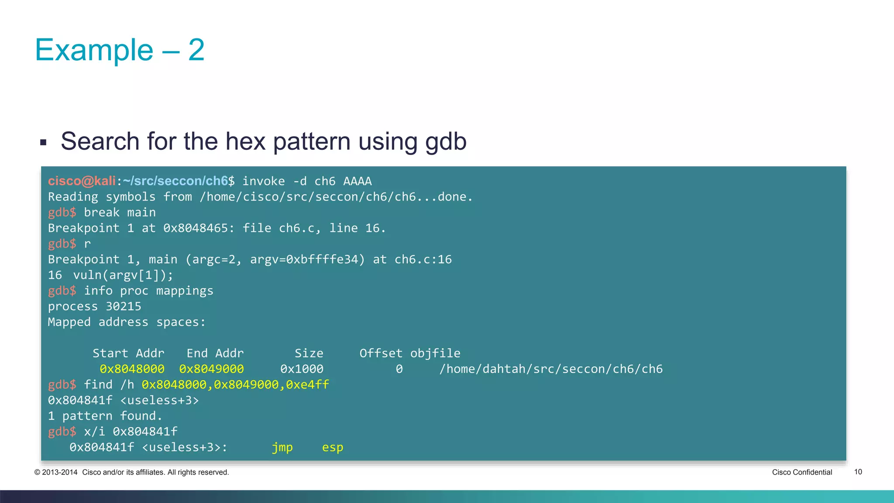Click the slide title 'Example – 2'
[x=120, y=50]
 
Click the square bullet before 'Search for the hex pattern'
[x=43, y=142]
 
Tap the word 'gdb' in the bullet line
[x=446, y=141]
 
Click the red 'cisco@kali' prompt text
[x=82, y=181]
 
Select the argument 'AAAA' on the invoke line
[x=357, y=181]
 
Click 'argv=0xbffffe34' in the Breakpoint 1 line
[x=307, y=259]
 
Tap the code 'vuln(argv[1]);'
[x=123, y=275]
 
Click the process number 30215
[x=124, y=307]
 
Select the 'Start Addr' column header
[x=128, y=353]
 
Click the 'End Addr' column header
[x=215, y=353]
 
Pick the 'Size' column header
[x=309, y=353]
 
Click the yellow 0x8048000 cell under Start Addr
[x=132, y=369]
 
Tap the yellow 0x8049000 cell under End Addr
[x=211, y=369]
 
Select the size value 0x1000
[x=302, y=369]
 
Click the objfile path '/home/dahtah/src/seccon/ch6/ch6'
[x=551, y=369]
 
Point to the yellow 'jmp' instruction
[x=282, y=448]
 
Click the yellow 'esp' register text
[x=333, y=448]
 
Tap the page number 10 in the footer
[x=858, y=472]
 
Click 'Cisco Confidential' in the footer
[x=802, y=472]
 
